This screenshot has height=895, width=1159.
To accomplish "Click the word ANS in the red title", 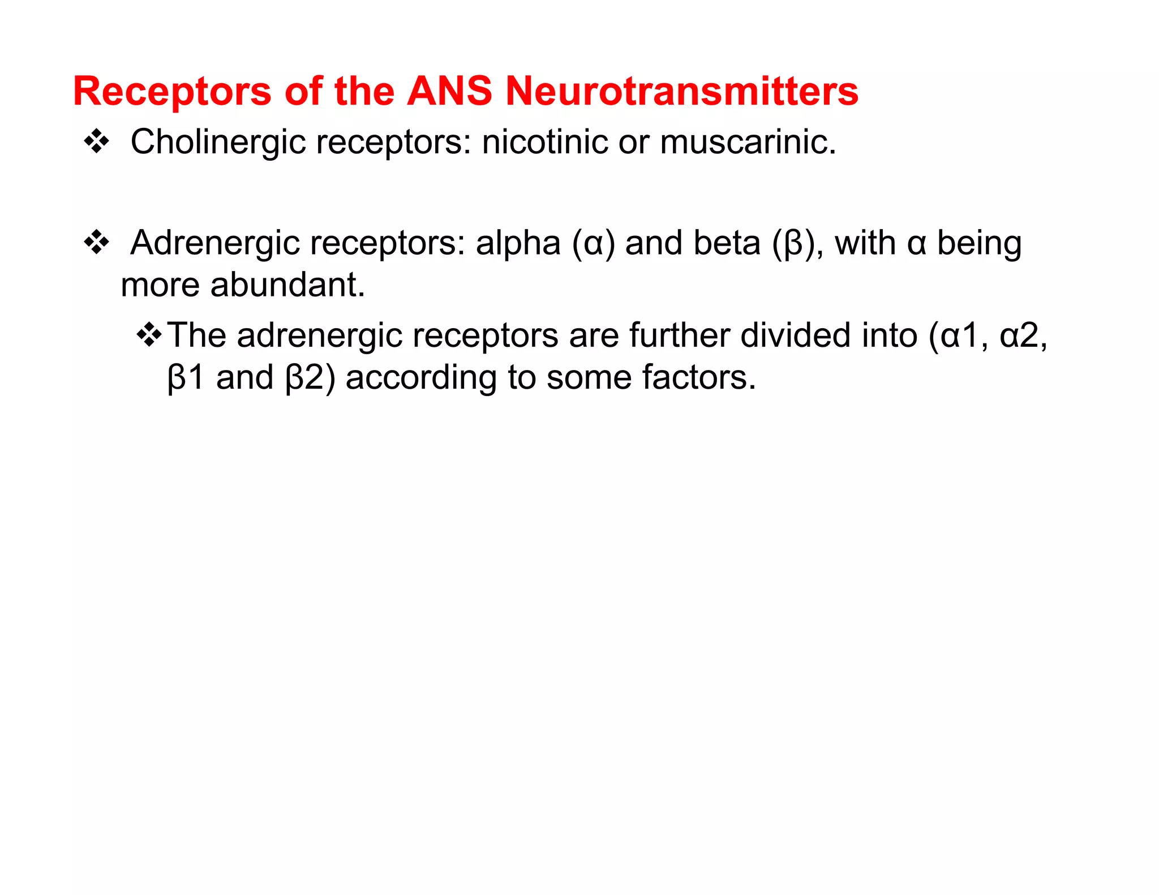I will [449, 91].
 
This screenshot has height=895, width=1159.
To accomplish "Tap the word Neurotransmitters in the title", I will [681, 91].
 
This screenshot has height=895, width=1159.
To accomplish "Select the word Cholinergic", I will [218, 143].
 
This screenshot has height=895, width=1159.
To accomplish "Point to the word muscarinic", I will [747, 141].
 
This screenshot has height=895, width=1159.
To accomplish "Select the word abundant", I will [287, 285].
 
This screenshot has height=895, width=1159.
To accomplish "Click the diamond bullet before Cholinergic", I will [96, 141].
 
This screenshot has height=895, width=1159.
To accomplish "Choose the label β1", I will [186, 377].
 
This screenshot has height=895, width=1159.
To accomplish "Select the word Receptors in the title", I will [172, 91].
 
